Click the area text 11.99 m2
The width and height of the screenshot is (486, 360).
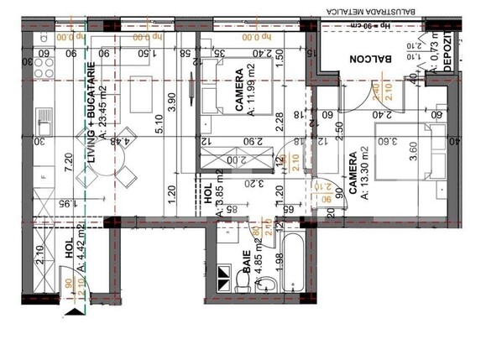pos(251,97)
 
